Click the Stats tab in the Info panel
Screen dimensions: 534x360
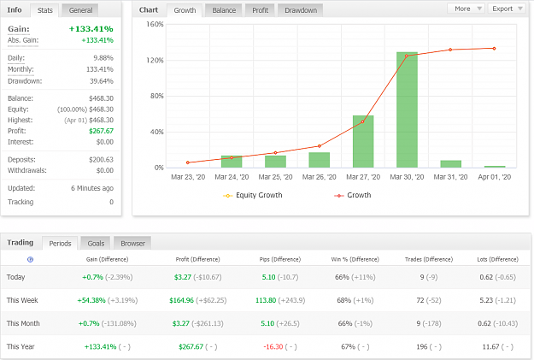coord(44,10)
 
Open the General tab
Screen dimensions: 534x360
coord(80,10)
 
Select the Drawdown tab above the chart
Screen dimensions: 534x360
coord(301,10)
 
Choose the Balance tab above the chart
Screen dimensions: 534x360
coord(224,10)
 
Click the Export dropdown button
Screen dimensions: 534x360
coord(507,9)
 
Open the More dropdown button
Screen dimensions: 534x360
coord(467,9)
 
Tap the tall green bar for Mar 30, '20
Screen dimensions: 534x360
coord(407,109)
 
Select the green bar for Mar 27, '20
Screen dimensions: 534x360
coord(363,141)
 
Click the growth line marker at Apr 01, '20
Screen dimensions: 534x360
coord(494,49)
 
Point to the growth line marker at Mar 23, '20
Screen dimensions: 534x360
coord(188,162)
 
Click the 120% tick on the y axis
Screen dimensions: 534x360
coord(155,61)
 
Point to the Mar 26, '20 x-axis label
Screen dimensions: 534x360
coord(319,177)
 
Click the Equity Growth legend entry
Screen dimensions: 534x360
coord(253,195)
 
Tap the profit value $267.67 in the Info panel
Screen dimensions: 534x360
coord(101,131)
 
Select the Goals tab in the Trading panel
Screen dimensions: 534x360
coord(96,244)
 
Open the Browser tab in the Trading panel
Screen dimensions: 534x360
coord(132,244)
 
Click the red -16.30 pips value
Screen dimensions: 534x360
coord(273,346)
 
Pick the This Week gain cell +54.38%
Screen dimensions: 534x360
coord(91,300)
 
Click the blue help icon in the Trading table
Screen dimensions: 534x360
coord(30,259)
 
